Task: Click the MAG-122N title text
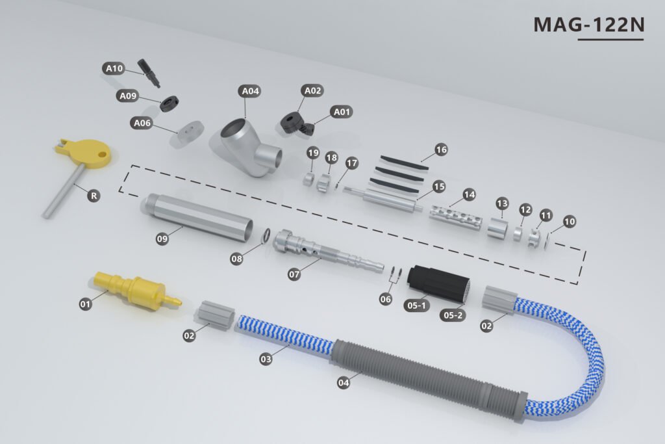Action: click(588, 25)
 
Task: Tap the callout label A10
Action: click(114, 68)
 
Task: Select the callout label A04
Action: click(250, 91)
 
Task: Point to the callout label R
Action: click(94, 196)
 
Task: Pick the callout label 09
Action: click(162, 239)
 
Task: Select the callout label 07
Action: click(294, 274)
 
